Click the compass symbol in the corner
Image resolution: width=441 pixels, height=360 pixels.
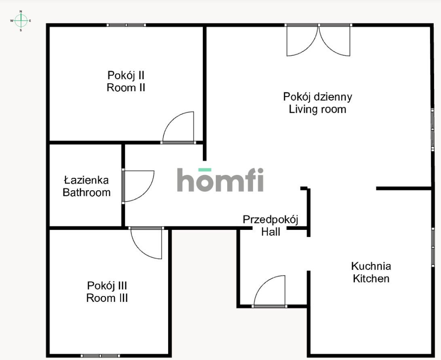21,20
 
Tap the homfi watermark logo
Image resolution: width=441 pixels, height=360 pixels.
220,180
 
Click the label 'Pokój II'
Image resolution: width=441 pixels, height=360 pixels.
126,75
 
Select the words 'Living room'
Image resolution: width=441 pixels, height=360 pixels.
317,109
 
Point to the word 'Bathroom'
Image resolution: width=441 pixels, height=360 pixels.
87,192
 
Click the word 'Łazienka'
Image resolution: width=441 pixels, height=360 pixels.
87,180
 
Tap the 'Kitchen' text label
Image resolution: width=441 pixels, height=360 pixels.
371,278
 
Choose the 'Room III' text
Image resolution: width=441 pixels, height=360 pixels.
107,298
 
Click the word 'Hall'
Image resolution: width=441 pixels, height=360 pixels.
270,232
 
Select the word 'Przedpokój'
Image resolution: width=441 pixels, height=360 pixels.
270,219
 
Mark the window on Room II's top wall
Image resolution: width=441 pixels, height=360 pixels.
126,25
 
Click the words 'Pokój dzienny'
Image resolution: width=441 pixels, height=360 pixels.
317,97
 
